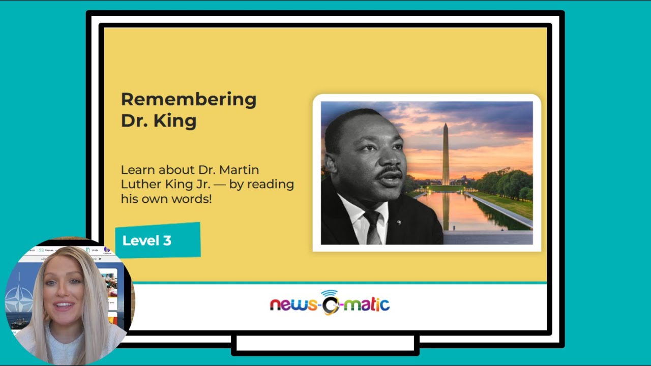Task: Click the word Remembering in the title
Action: click(x=189, y=100)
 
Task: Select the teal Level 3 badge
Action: click(x=158, y=240)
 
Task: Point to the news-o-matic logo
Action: click(x=330, y=303)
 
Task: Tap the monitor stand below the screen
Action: click(x=325, y=344)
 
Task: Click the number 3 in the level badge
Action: click(x=167, y=240)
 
